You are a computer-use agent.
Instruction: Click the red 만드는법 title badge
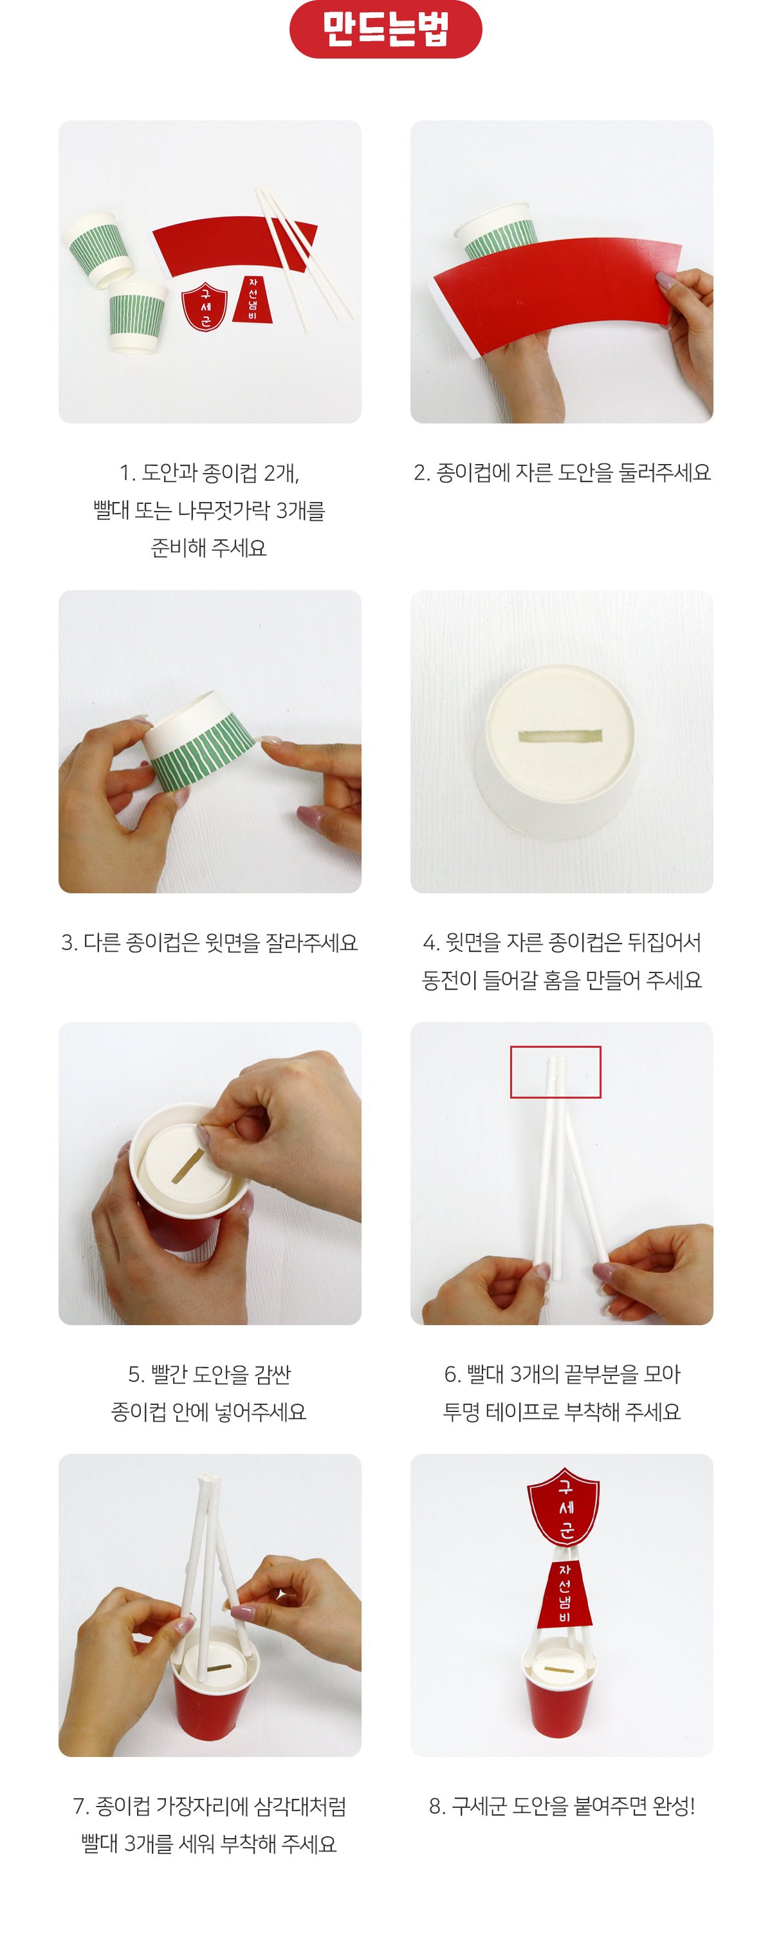tap(385, 29)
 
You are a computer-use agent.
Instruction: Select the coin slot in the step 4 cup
tap(559, 736)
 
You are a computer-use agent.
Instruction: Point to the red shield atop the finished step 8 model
tap(563, 1507)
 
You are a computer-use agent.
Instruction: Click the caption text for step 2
tap(562, 472)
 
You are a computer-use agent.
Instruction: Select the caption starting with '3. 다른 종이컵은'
tap(209, 942)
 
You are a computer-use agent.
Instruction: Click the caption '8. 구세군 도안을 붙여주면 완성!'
tap(562, 1806)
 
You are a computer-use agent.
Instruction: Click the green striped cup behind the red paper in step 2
tap(496, 230)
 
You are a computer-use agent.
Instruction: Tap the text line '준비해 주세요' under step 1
tap(209, 547)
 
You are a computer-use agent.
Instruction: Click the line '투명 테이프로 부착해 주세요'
tap(562, 1411)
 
